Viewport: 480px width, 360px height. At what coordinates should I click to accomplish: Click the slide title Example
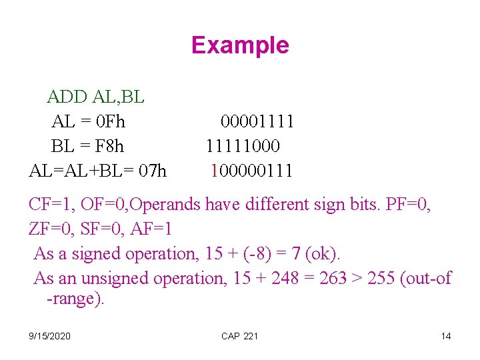(x=240, y=45)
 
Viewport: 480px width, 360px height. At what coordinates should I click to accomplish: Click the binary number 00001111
(x=257, y=122)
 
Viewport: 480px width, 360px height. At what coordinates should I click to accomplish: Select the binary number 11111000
(x=243, y=146)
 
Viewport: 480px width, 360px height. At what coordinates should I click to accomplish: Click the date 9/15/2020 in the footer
(x=51, y=336)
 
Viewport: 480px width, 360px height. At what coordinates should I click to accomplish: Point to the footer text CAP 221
(x=239, y=336)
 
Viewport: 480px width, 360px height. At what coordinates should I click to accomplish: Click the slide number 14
(x=445, y=336)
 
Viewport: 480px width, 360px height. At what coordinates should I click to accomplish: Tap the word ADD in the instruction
(x=67, y=97)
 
